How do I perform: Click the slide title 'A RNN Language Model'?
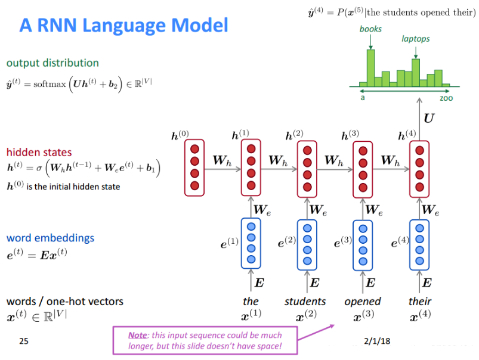[x=123, y=25]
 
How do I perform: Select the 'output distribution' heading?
[x=52, y=63]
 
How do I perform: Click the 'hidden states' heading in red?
[x=39, y=152]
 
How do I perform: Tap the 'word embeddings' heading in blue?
[x=50, y=238]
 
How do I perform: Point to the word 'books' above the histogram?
[x=370, y=29]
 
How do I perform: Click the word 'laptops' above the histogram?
[x=415, y=39]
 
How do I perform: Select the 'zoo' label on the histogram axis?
[x=446, y=98]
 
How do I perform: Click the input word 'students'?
[x=305, y=301]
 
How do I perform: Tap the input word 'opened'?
[x=363, y=301]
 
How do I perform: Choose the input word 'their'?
[x=420, y=301]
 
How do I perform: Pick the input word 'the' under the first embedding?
[x=251, y=301]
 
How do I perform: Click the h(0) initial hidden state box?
[x=194, y=167]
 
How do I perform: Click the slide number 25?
[x=24, y=342]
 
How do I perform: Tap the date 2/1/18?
[x=376, y=342]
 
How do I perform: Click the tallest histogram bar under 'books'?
[x=370, y=67]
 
